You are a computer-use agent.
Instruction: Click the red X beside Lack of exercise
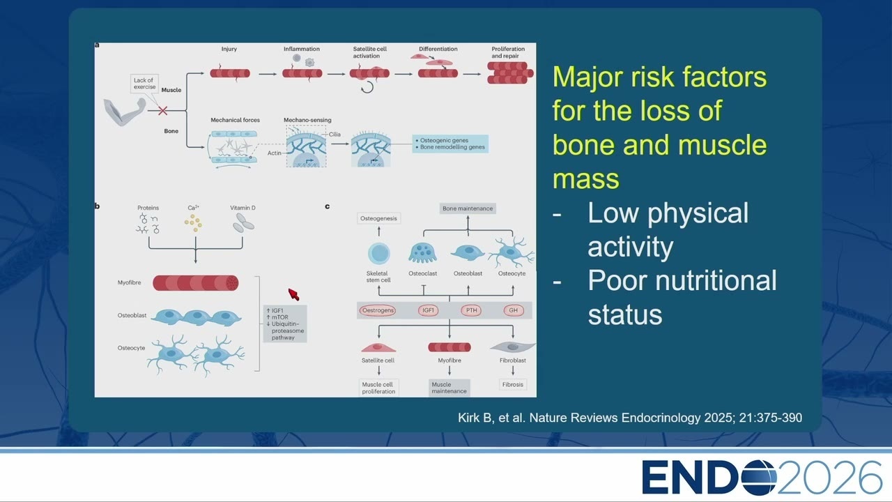pos(162,111)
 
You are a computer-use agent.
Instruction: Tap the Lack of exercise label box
pos(144,84)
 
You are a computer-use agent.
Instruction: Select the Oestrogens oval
pos(378,310)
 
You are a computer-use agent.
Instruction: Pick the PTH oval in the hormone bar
pos(471,310)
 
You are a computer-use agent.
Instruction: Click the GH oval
pos(514,310)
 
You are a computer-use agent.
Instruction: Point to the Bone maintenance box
pos(468,208)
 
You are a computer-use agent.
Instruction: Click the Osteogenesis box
pos(378,218)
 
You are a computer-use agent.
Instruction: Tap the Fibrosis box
pos(512,384)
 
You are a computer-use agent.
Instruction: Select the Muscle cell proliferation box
pos(378,388)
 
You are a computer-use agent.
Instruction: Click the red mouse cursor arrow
pos(293,294)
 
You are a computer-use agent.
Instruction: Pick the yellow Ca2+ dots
pos(193,223)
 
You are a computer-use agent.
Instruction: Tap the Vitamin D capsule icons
pos(243,222)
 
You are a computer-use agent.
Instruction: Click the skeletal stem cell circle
pos(378,253)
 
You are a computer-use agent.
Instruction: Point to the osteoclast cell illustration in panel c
pos(422,253)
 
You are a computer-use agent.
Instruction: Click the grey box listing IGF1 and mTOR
pos(285,324)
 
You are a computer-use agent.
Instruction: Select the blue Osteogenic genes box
pos(450,144)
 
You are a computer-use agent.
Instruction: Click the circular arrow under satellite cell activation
pos(367,87)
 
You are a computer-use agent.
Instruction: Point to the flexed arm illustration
pos(125,112)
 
